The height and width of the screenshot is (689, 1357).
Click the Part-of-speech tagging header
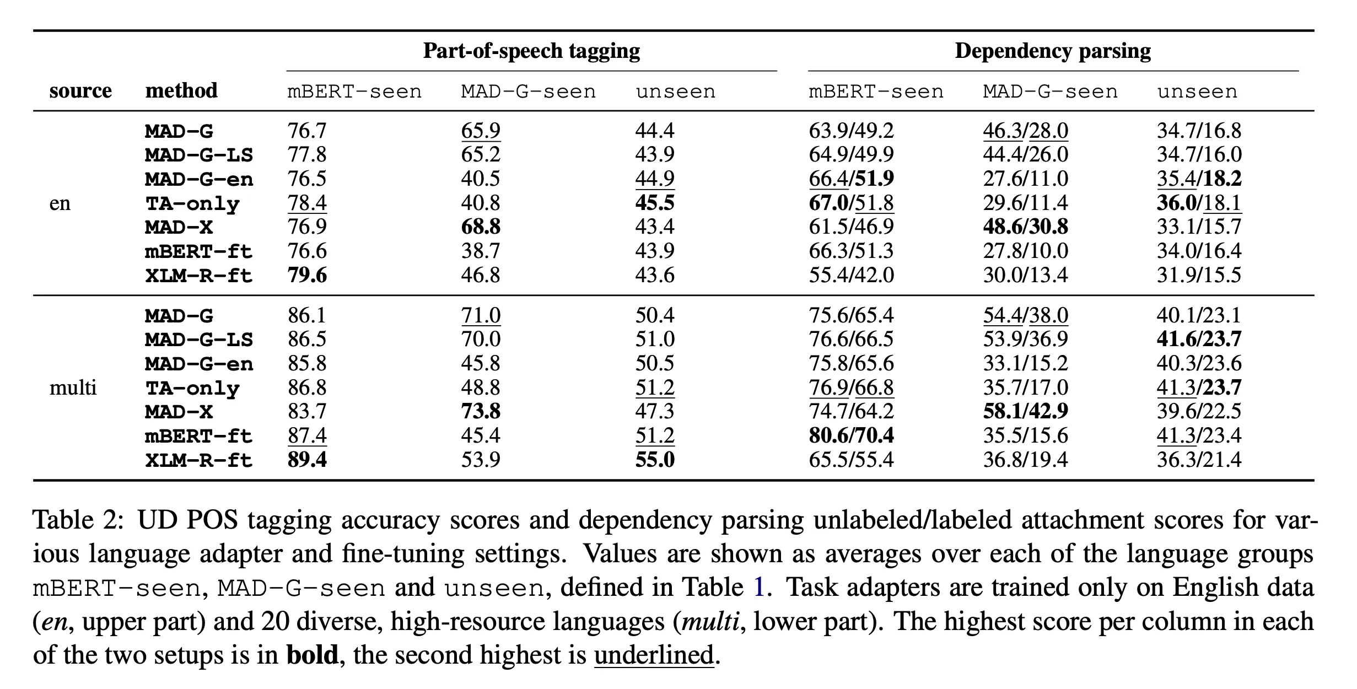click(531, 51)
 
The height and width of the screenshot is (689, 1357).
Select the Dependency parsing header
click(1053, 51)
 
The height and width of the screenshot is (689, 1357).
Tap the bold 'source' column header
click(80, 90)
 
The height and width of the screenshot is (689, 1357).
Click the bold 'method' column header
click(181, 90)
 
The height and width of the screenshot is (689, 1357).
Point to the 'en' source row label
click(60, 203)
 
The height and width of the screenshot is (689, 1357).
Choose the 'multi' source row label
click(73, 387)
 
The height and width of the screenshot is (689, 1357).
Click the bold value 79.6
click(307, 275)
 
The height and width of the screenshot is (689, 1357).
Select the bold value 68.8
click(481, 227)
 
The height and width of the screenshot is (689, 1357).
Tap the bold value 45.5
click(655, 203)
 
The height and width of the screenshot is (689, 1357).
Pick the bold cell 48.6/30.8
click(1025, 227)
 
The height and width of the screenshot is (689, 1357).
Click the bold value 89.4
click(307, 460)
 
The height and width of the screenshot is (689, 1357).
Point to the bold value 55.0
click(655, 460)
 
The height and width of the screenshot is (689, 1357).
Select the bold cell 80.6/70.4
click(851, 435)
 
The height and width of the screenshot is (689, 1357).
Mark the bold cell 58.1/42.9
click(1025, 411)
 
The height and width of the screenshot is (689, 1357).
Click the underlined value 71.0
click(481, 315)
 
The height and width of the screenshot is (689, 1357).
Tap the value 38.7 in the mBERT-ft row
click(481, 251)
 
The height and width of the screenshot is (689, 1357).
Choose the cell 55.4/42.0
click(851, 275)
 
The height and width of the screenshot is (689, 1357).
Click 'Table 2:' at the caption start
click(77, 520)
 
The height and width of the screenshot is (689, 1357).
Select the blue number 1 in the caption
click(759, 588)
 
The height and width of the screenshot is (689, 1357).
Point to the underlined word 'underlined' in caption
click(654, 655)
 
